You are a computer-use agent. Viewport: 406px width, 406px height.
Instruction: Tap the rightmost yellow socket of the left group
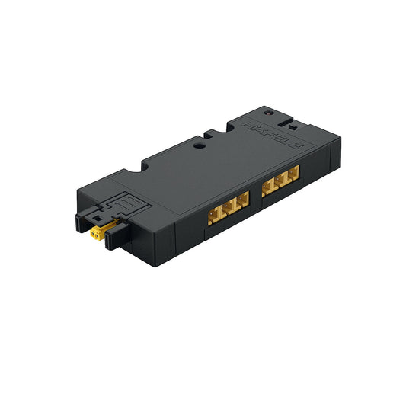coord(242,199)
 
